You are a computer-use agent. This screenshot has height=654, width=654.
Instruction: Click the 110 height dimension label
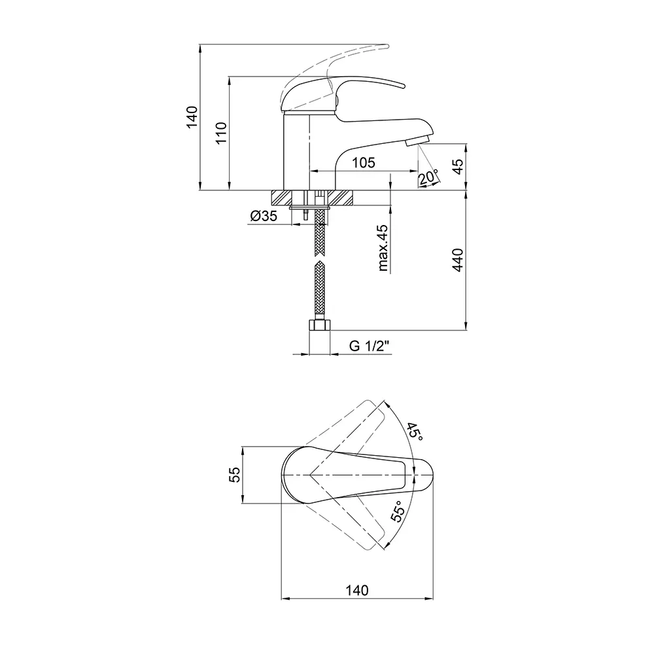pyautogui.click(x=220, y=133)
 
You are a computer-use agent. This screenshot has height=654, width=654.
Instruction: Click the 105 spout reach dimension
pyautogui.click(x=364, y=162)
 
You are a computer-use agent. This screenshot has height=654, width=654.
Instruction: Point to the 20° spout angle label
pyautogui.click(x=428, y=177)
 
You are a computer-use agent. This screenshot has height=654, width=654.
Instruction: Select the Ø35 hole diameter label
pyautogui.click(x=264, y=216)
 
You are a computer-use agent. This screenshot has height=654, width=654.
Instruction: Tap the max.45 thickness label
pyautogui.click(x=383, y=248)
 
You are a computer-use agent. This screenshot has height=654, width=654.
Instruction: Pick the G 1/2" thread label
pyautogui.click(x=369, y=346)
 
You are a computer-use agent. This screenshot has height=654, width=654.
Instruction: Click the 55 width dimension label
pyautogui.click(x=235, y=475)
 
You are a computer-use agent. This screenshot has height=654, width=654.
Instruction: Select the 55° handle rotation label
pyautogui.click(x=398, y=511)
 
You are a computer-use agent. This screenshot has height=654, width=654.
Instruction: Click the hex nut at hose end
pyautogui.click(x=320, y=325)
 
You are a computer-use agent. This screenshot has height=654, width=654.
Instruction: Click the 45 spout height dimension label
pyautogui.click(x=458, y=167)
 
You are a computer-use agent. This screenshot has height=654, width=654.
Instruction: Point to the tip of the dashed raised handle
pyautogui.click(x=387, y=46)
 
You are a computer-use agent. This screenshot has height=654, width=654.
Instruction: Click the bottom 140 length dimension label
pyautogui.click(x=357, y=590)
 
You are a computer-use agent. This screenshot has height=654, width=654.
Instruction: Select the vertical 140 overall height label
pyautogui.click(x=192, y=117)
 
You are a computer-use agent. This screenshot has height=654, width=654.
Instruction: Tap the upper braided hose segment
pyautogui.click(x=320, y=233)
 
